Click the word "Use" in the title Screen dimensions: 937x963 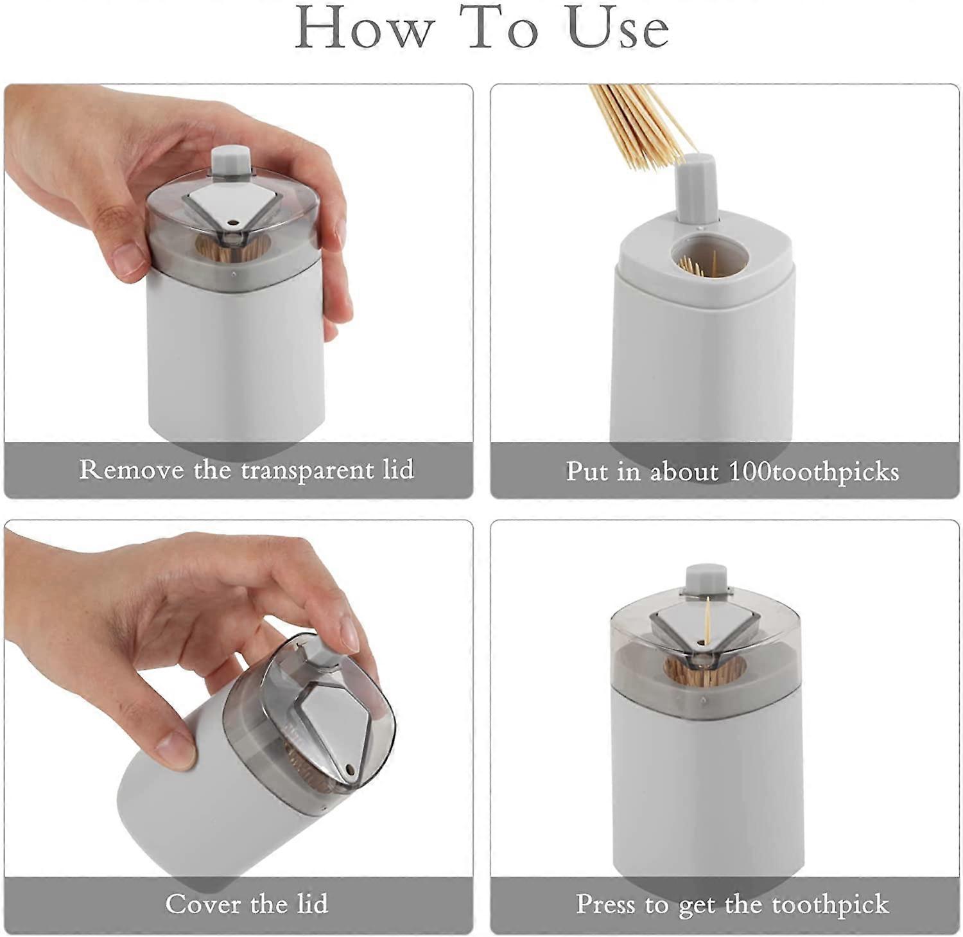[618, 29]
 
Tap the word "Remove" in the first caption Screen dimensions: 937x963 [131, 469]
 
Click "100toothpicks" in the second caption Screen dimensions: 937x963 [813, 471]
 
